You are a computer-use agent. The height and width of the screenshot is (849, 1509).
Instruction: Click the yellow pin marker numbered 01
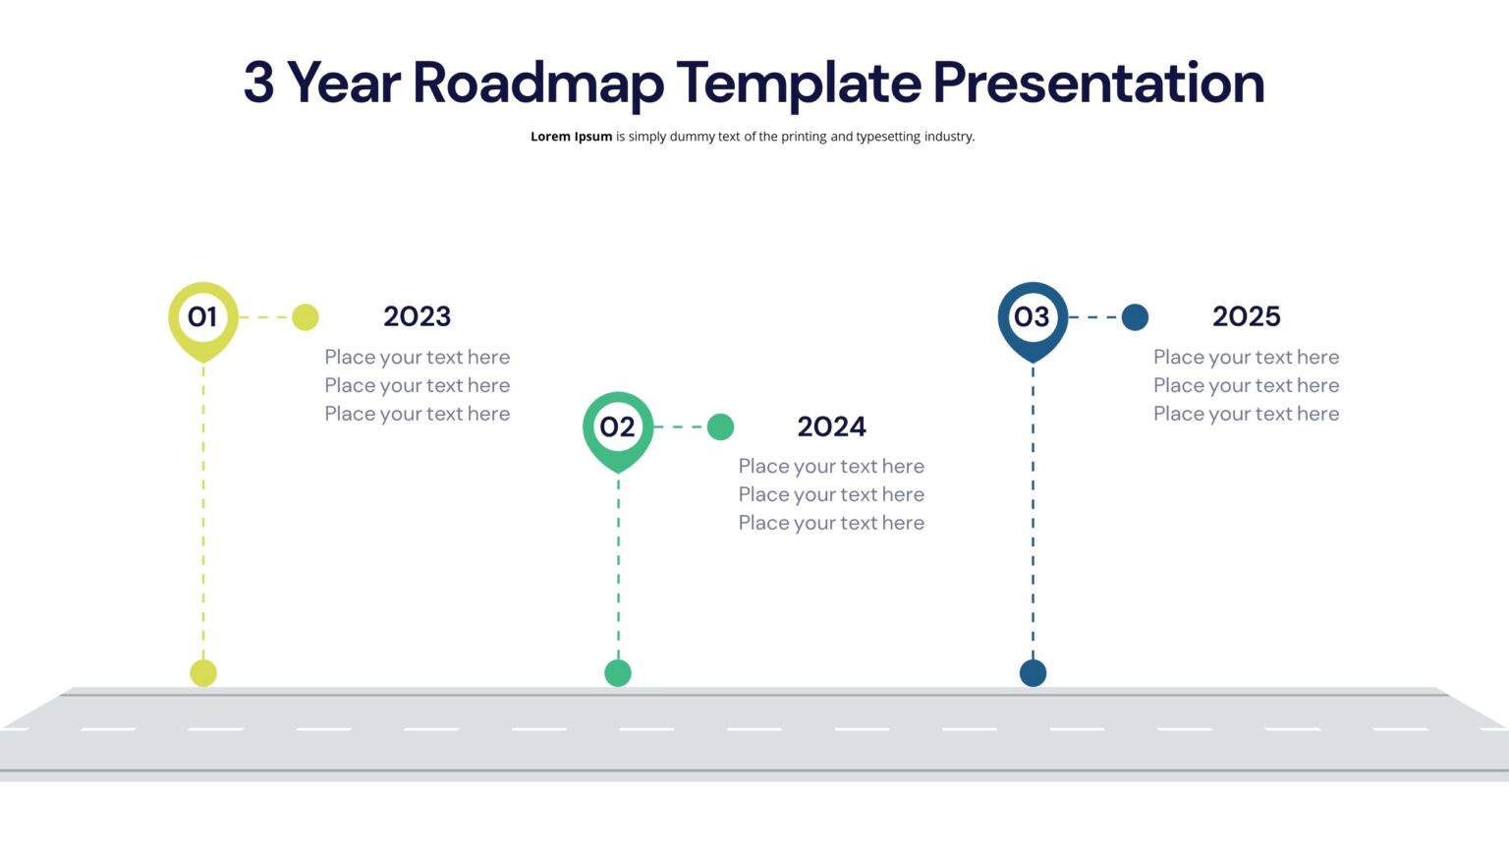pyautogui.click(x=202, y=317)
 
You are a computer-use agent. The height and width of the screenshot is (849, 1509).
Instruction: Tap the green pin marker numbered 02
pyautogui.click(x=617, y=427)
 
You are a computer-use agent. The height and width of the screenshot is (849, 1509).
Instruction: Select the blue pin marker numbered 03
pyautogui.click(x=1032, y=317)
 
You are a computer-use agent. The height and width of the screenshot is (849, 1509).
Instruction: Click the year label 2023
pyautogui.click(x=417, y=316)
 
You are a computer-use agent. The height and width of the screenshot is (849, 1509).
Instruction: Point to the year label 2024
pyautogui.click(x=831, y=426)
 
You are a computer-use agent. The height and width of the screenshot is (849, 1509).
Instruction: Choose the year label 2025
pyautogui.click(x=1246, y=316)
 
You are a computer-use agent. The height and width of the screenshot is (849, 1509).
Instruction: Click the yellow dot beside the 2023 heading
pyautogui.click(x=306, y=317)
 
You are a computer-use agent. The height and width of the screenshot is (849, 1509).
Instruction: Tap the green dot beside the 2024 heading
pyautogui.click(x=720, y=426)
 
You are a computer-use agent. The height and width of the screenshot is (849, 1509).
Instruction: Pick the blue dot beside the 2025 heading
pyautogui.click(x=1135, y=317)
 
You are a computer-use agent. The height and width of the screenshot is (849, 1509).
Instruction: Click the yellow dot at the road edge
pyautogui.click(x=203, y=673)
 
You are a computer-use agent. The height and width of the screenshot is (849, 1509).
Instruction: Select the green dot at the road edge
pyautogui.click(x=618, y=673)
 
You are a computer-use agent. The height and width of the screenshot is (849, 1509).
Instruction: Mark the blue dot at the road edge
pyautogui.click(x=1033, y=673)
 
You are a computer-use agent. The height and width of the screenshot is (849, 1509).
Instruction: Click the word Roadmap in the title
pyautogui.click(x=537, y=84)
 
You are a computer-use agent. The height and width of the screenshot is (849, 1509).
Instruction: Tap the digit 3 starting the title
pyautogui.click(x=258, y=83)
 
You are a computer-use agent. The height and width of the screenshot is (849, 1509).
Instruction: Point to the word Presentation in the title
pyautogui.click(x=1097, y=84)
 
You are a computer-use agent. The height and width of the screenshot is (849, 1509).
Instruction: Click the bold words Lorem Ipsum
pyautogui.click(x=571, y=137)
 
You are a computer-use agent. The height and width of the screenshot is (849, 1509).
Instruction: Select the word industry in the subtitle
pyautogui.click(x=948, y=137)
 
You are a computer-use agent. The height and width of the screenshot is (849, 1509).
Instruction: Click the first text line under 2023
pyautogui.click(x=417, y=357)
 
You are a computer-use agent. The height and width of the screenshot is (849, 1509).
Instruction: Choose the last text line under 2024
pyautogui.click(x=831, y=523)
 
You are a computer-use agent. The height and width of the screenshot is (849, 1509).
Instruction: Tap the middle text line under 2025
pyautogui.click(x=1246, y=385)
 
